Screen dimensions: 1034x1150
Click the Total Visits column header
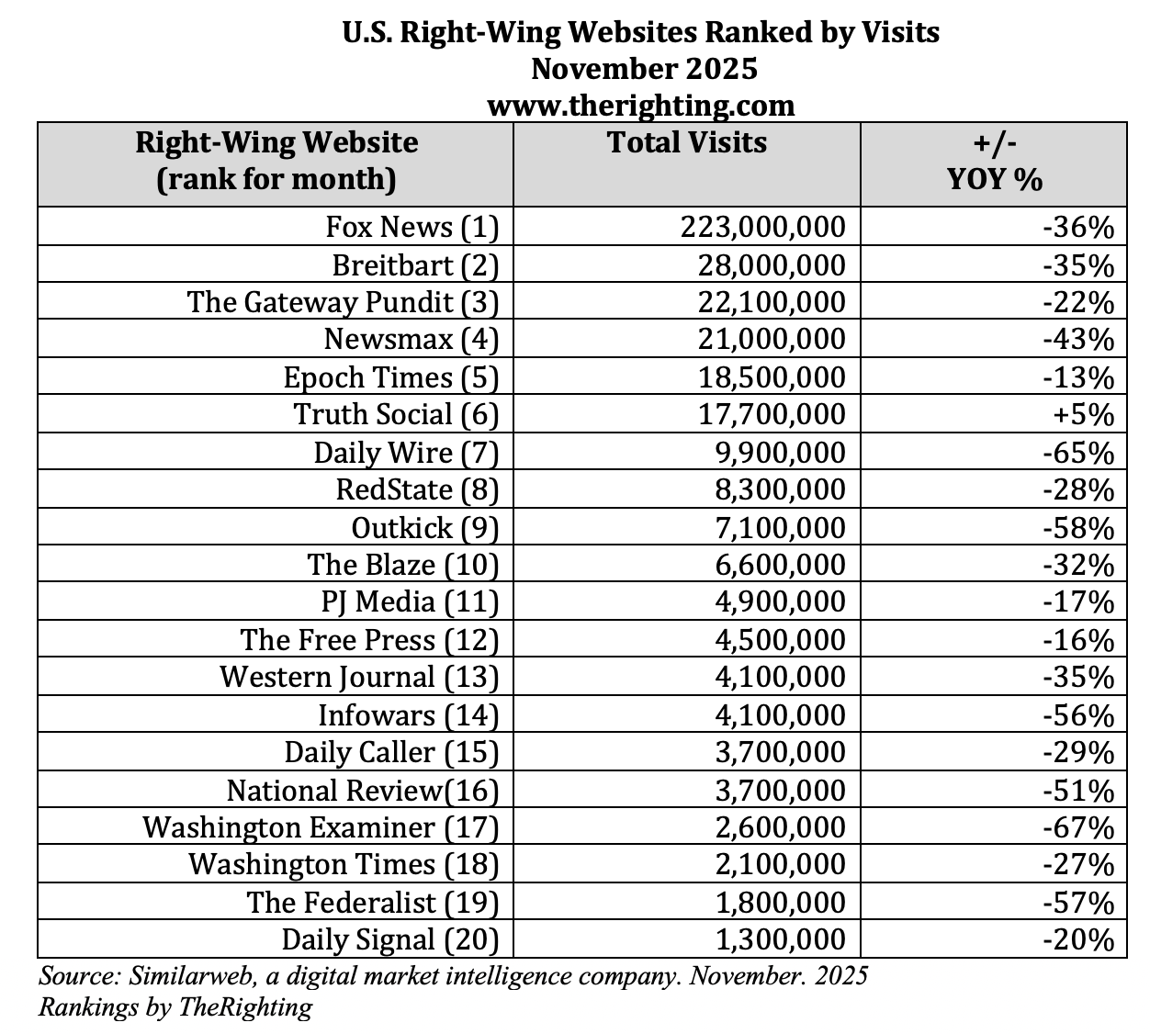687,143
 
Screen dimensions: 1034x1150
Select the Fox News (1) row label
412,227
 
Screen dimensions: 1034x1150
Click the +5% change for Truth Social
1084,414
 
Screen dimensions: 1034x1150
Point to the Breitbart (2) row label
415,264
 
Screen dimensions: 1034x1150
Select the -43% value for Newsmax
1078,340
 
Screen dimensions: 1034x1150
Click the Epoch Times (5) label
390,377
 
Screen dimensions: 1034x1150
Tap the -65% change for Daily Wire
1078,453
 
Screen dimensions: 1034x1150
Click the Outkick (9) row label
424,527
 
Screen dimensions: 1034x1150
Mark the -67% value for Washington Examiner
1078,827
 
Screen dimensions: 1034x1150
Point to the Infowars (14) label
408,714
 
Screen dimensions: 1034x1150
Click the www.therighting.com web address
640,106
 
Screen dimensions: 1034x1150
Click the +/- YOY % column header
994,161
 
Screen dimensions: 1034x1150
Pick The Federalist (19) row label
372,902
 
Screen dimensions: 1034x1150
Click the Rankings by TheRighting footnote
175,1007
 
